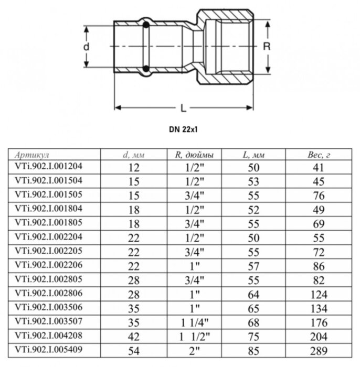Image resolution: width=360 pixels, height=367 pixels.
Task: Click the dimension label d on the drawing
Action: click(x=87, y=47)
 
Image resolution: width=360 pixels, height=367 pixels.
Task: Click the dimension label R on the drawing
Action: click(x=266, y=46)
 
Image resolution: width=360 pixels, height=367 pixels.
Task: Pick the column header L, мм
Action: click(x=255, y=155)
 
